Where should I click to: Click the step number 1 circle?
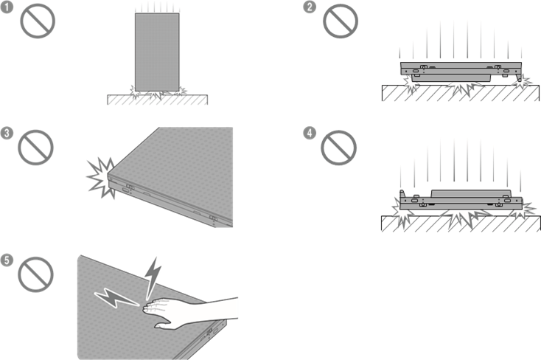click(7, 7)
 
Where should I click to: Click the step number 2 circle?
click(310, 7)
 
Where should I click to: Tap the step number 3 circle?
click(7, 133)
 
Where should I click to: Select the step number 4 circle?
click(310, 133)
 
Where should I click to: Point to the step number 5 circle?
click(7, 260)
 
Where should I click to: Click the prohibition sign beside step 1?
click(38, 21)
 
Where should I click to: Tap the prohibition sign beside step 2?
click(341, 21)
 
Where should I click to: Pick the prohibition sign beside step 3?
click(35, 148)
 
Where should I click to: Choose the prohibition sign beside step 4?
click(338, 148)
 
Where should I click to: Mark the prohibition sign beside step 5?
click(35, 274)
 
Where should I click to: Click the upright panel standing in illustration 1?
click(157, 52)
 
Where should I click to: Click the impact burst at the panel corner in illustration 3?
click(101, 177)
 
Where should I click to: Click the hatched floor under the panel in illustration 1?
click(157, 100)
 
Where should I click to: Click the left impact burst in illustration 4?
click(402, 212)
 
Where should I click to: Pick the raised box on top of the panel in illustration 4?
click(471, 194)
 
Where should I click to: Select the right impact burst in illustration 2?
click(521, 82)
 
